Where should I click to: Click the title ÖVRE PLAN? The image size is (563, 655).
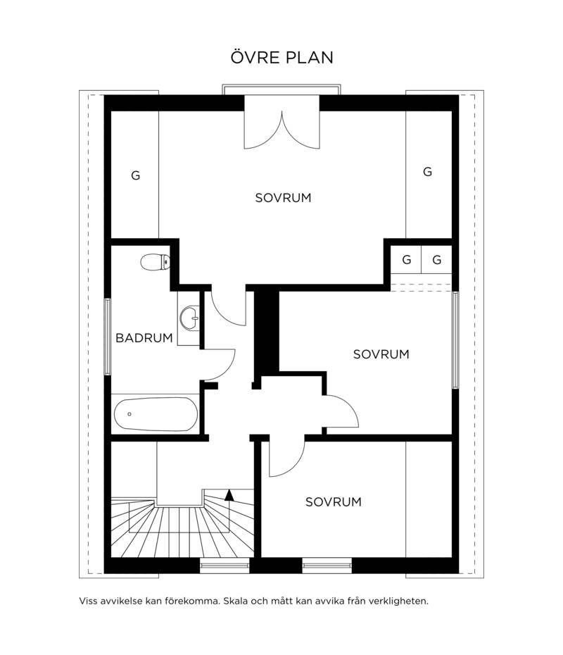(281, 57)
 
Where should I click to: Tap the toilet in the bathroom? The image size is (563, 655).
(155, 262)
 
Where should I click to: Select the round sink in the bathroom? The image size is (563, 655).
(190, 318)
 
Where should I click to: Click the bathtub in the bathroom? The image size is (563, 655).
(156, 414)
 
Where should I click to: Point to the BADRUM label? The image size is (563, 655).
(144, 337)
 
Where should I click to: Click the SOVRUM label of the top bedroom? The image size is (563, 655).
(283, 198)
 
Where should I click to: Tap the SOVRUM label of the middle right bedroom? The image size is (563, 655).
(381, 354)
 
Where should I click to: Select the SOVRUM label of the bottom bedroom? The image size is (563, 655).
(333, 501)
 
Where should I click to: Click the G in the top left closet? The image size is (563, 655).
(136, 175)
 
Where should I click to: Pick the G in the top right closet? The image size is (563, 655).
(427, 172)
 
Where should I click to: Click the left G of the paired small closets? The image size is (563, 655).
(407, 260)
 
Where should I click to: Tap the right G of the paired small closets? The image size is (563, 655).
(437, 260)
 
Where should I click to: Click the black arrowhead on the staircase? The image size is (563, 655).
(229, 494)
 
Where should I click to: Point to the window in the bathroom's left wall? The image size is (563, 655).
(107, 336)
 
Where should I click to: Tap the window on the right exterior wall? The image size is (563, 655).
(456, 340)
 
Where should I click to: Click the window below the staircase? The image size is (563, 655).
(224, 565)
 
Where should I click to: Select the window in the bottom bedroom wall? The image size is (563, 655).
(327, 565)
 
